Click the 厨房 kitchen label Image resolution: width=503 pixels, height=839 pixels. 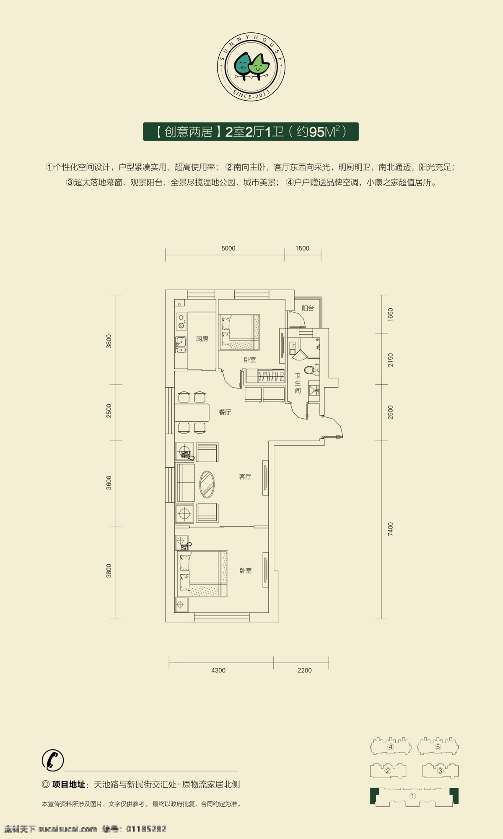click(202, 339)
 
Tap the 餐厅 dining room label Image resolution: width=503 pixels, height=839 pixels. click(225, 412)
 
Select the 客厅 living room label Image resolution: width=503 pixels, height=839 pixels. click(245, 477)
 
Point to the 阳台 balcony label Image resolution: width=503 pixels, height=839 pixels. click(308, 308)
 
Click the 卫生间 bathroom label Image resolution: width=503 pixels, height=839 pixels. click(298, 383)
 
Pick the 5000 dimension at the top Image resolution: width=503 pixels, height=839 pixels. click(228, 248)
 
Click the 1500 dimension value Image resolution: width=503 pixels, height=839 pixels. click(302, 248)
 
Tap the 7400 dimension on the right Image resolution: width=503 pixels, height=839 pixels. click(391, 529)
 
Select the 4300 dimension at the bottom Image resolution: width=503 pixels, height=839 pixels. click(218, 670)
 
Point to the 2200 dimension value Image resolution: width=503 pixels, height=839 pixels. click(305, 670)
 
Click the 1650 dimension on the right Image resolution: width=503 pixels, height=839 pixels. click(391, 315)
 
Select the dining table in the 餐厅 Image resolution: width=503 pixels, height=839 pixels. click(192, 412)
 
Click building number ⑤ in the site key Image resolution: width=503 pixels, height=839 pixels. click(438, 747)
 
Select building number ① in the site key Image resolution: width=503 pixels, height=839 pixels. click(413, 796)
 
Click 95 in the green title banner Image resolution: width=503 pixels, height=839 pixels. click(316, 132)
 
